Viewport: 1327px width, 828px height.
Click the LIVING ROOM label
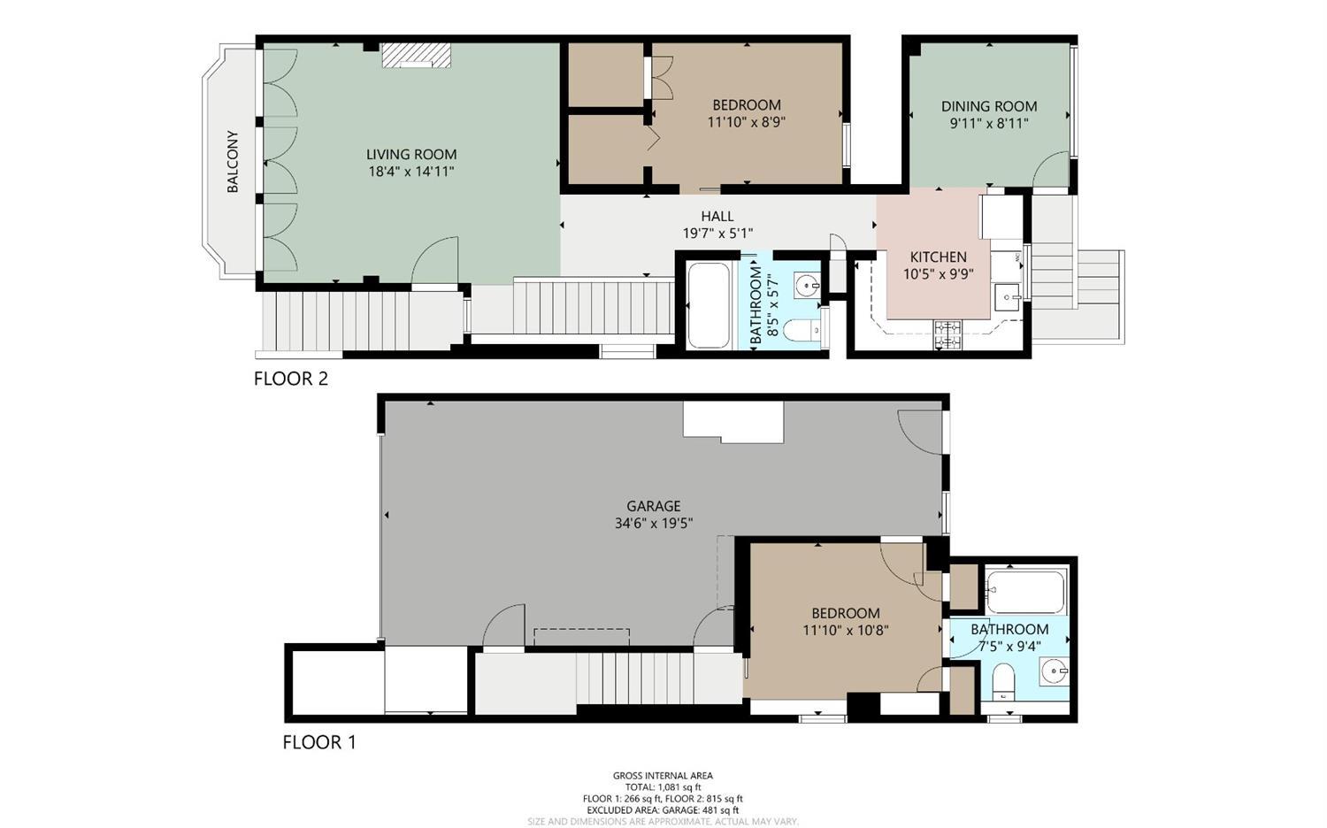(411, 155)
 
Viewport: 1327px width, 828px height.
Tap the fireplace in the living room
(417, 56)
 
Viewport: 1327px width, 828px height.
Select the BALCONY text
(233, 162)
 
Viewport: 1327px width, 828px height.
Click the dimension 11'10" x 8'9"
(747, 122)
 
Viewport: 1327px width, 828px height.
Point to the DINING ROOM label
(989, 106)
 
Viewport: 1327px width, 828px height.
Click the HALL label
(717, 216)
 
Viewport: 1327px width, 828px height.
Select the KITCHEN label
(938, 257)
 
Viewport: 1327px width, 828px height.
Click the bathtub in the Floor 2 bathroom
(709, 305)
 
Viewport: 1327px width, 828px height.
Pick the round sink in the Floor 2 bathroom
(806, 285)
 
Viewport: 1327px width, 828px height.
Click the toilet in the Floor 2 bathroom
(802, 330)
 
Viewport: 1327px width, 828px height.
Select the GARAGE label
(654, 506)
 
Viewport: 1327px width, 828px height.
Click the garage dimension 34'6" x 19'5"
(654, 523)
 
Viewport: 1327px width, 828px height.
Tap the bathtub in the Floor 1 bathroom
(1025, 592)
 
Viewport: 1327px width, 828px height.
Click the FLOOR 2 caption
(291, 379)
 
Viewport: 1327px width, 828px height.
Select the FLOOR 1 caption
(319, 742)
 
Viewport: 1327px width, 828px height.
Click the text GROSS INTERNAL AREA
(663, 776)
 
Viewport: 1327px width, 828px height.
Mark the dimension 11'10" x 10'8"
(845, 630)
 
